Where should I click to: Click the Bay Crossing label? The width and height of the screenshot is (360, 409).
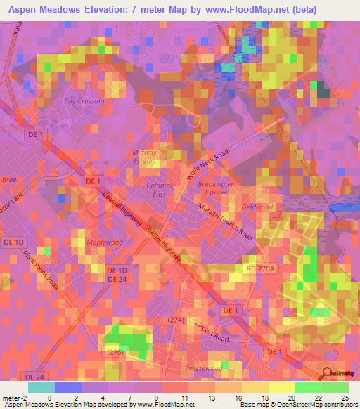click(x=84, y=101)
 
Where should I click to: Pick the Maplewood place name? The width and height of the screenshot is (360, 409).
click(x=104, y=242)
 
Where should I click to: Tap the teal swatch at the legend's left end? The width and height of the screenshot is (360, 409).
click(x=41, y=387)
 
